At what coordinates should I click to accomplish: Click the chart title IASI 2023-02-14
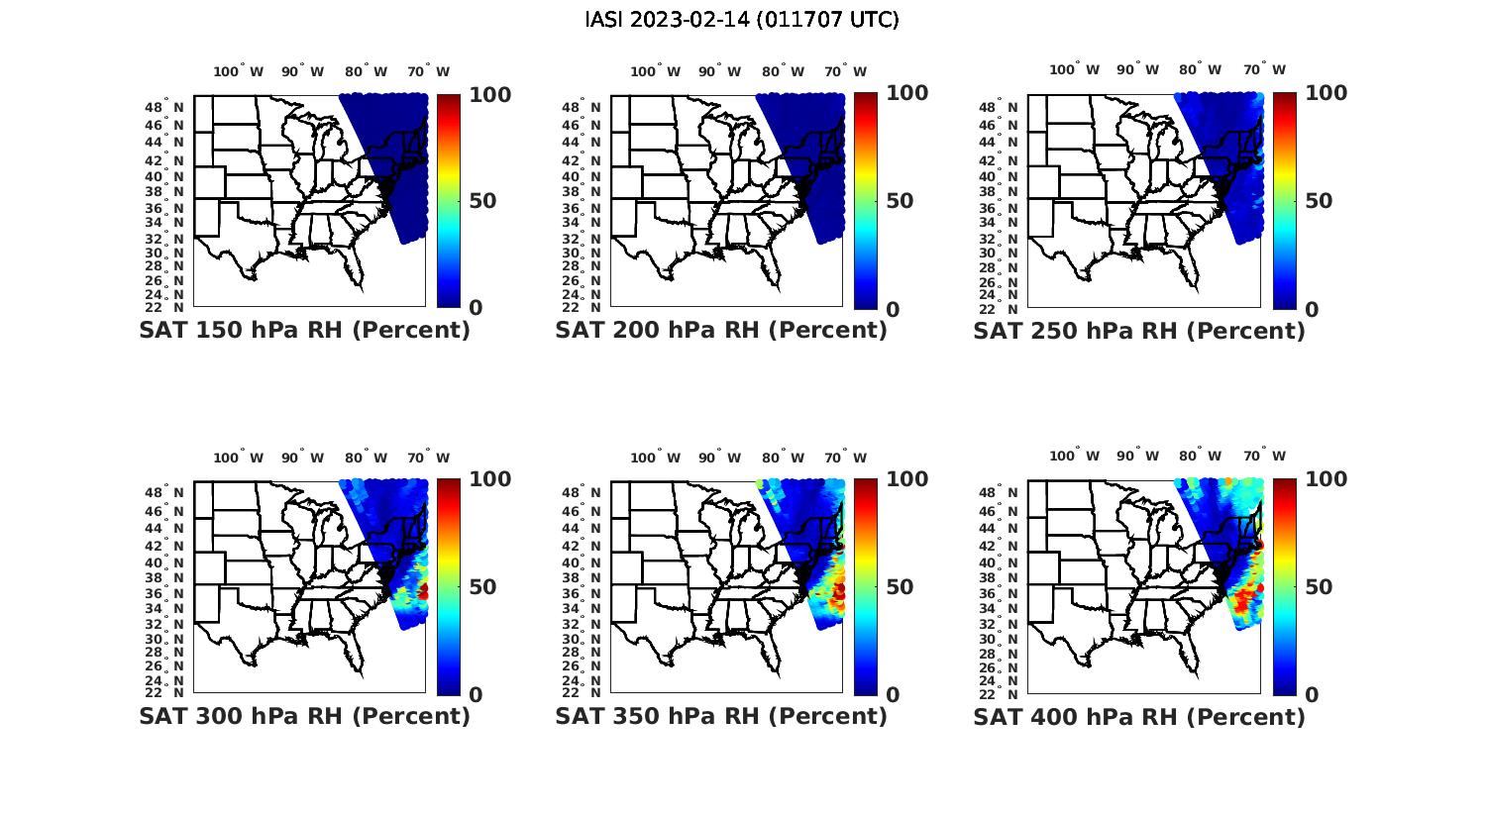(742, 20)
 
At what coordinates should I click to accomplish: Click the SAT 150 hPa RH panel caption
(305, 331)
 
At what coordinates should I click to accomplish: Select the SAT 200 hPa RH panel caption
(721, 331)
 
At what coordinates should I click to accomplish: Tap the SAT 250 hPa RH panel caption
(1139, 331)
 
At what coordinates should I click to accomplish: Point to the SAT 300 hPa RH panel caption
(305, 716)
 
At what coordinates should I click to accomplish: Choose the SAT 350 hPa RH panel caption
(721, 716)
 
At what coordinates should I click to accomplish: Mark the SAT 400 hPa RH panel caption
(1139, 716)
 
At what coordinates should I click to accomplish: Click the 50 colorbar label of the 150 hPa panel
(482, 201)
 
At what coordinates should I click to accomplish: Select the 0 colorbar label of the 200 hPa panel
(893, 309)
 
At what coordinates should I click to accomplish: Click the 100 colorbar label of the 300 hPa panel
(489, 479)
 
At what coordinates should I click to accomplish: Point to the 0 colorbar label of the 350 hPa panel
(893, 695)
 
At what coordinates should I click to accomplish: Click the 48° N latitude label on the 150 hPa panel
(165, 107)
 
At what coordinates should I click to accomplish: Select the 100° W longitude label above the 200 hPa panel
(656, 71)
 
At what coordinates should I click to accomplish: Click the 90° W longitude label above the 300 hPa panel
(302, 458)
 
